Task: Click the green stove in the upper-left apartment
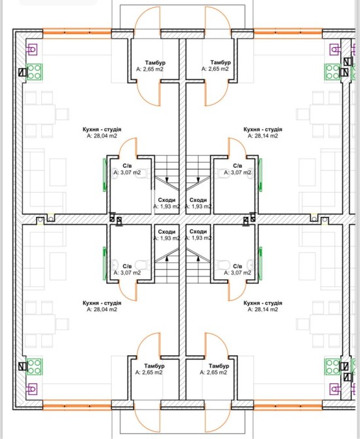coord(34,71)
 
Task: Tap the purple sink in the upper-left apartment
coord(32,50)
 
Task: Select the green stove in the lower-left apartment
coord(34,367)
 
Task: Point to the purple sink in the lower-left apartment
coord(32,389)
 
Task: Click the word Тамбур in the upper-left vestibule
coord(155,63)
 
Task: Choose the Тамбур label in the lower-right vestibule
coord(219,366)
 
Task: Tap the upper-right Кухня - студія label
coord(263,129)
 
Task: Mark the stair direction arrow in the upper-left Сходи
coord(167,179)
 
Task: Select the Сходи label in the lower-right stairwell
coord(198,231)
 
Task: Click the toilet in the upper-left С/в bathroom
coord(141,173)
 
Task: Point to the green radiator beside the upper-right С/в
coord(261,175)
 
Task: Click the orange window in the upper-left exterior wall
coord(77,33)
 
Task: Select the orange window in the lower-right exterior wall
coord(288,405)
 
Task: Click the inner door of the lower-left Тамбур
coord(148,345)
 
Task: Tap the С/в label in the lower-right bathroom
coord(238,266)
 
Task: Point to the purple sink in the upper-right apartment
coord(335,50)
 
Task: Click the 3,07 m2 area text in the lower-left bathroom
coord(127,273)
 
